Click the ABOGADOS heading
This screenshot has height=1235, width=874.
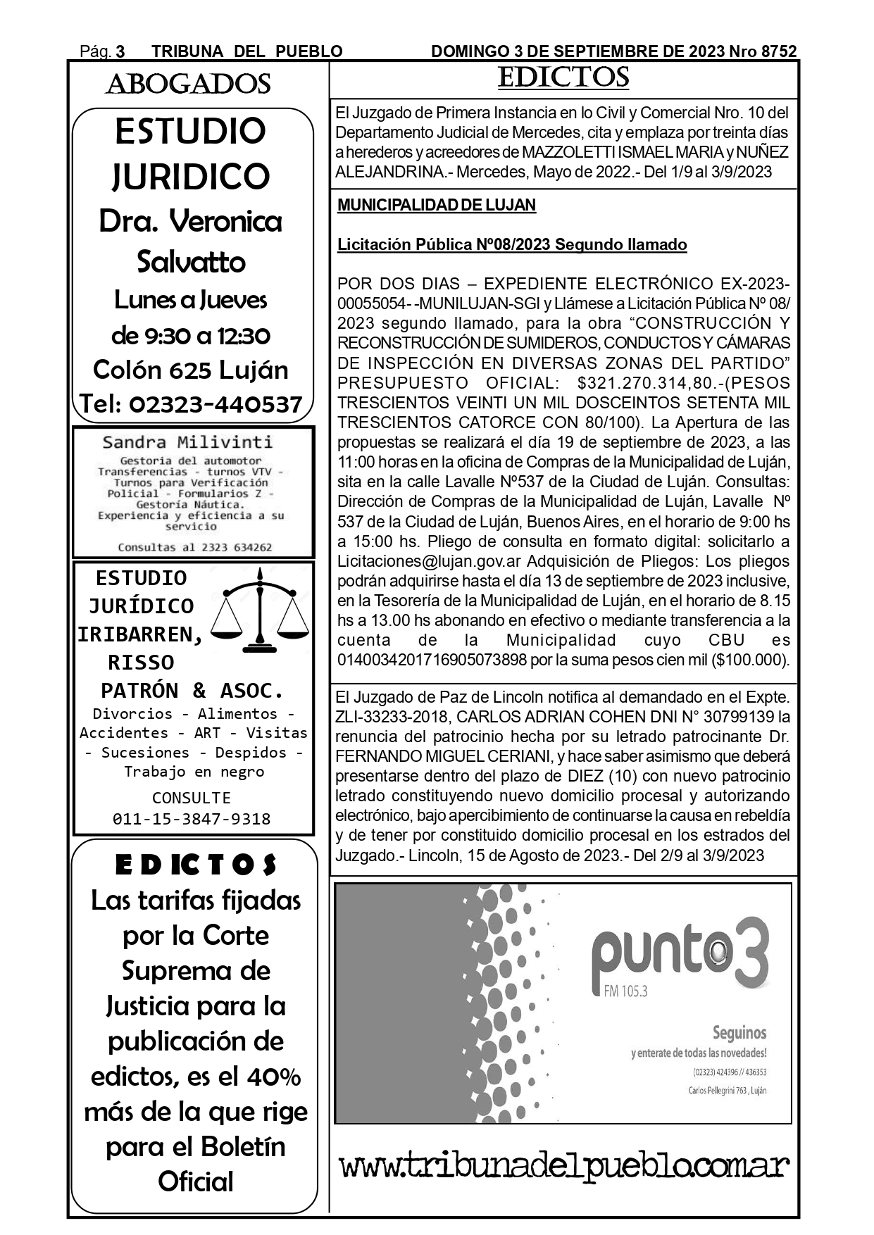pos(188,84)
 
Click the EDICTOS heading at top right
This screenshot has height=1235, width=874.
pos(563,78)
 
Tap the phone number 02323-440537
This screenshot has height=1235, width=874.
pos(216,404)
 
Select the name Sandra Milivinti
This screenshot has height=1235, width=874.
pos(187,442)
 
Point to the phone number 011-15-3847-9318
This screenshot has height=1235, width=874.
pos(192,819)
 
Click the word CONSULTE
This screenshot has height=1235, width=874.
pos(192,798)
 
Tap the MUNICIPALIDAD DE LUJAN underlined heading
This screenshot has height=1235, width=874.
pos(437,206)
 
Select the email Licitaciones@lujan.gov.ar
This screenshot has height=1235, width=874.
pos(430,562)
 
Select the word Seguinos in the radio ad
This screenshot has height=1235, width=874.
pos(739,1033)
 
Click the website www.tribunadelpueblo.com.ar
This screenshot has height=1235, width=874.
pos(564,1166)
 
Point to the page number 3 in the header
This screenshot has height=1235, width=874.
pos(120,51)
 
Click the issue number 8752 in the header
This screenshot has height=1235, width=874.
pos(779,51)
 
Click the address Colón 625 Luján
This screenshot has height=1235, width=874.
pos(191,370)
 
